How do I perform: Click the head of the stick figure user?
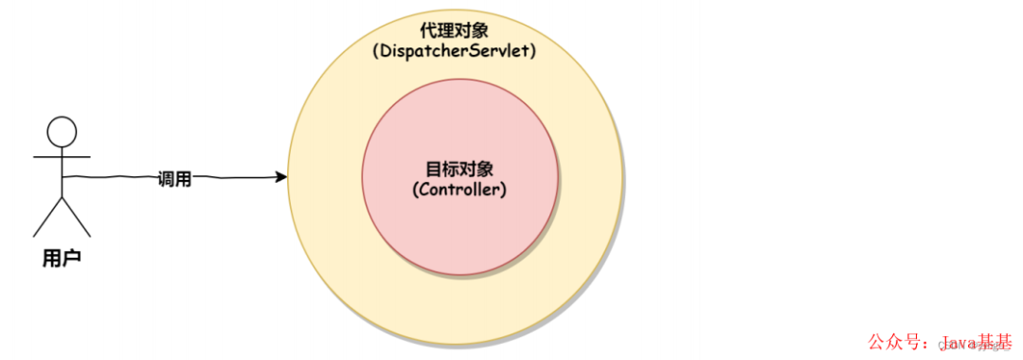coord(62,131)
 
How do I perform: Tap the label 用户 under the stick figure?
coord(62,258)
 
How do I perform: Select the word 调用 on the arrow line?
coord(174,179)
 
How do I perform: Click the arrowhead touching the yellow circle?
coord(281,177)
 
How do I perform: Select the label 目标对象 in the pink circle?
coord(459,170)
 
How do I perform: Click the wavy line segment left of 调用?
coord(109,177)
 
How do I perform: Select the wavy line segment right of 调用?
coord(237,177)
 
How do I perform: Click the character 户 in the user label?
coord(72,258)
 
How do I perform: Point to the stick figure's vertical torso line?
coord(62,175)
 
